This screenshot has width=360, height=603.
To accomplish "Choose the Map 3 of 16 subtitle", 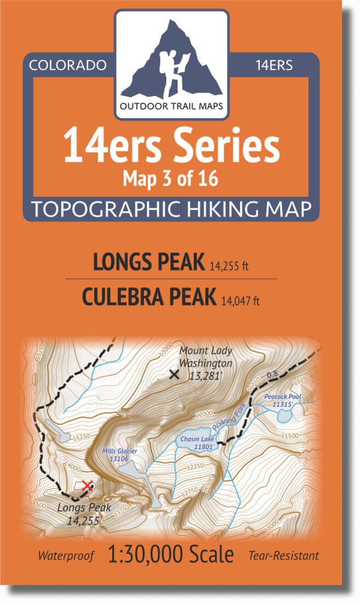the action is click(x=172, y=178).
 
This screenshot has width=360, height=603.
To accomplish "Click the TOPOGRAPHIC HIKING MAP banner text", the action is click(x=172, y=209).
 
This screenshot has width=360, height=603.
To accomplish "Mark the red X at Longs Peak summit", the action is click(x=87, y=485).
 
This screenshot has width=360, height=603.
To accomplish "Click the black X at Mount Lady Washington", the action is click(x=174, y=375).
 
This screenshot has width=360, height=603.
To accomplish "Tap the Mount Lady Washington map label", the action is click(x=205, y=357).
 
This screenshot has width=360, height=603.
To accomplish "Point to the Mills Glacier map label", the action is click(x=119, y=454).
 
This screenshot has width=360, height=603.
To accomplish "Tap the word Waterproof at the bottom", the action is click(x=66, y=556).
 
